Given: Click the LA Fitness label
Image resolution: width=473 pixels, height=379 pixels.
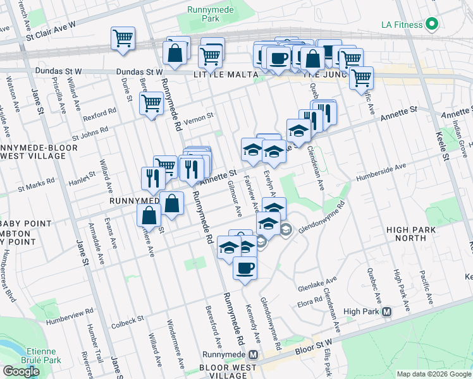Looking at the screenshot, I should pyautogui.click(x=402, y=25).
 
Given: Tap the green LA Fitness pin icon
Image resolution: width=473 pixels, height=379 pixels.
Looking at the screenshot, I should pyautogui.click(x=432, y=25).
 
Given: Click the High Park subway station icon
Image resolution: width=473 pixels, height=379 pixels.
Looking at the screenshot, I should pyautogui.click(x=386, y=311).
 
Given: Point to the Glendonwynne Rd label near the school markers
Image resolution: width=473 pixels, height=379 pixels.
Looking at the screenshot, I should pyautogui.click(x=322, y=218).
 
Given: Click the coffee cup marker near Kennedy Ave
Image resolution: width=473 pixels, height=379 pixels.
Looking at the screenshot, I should pyautogui.click(x=244, y=268).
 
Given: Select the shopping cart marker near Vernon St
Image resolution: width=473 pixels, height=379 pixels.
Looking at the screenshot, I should pyautogui.click(x=152, y=104).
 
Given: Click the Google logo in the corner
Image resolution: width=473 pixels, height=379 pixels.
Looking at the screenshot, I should pyautogui.click(x=21, y=371).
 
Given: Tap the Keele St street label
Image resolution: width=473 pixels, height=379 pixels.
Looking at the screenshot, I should pyautogui.click(x=442, y=147).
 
